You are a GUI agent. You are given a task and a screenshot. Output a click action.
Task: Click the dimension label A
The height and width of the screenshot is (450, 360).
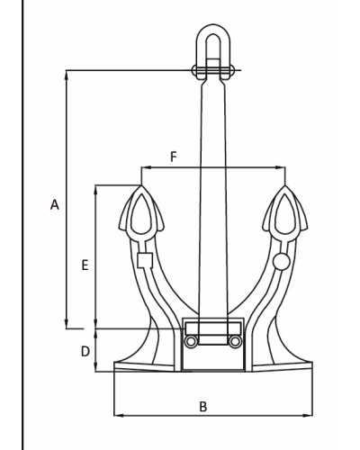[55, 204]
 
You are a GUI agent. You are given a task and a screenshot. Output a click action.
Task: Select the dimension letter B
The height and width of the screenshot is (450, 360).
[203, 407]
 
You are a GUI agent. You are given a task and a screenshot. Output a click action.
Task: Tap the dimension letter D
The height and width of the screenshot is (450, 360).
[85, 351]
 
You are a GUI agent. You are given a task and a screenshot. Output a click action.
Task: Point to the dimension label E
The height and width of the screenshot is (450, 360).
[85, 265]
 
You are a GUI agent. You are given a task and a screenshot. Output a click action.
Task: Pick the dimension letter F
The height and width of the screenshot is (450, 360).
[174, 157]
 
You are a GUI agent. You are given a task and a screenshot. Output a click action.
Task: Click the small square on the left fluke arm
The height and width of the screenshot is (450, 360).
[145, 260]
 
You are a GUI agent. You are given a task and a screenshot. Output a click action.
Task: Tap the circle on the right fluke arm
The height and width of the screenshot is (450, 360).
[282, 261]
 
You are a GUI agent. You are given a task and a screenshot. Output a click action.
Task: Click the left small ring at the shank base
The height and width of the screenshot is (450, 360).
[191, 341]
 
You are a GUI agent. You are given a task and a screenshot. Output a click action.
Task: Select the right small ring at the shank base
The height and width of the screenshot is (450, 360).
[235, 341]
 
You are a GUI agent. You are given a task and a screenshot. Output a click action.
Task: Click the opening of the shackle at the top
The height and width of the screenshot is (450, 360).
[213, 48]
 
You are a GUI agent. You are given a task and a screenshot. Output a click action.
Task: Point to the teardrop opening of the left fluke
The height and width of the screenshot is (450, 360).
[140, 213]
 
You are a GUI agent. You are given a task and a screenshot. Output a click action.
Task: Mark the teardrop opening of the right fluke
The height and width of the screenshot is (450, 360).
[285, 213]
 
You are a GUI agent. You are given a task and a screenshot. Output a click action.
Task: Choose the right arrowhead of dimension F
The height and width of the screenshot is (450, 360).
[281, 167]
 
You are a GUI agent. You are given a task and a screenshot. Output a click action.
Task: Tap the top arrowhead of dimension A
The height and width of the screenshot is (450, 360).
[67, 75]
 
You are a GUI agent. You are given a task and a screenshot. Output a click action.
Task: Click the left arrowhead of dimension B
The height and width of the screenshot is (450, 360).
[119, 416]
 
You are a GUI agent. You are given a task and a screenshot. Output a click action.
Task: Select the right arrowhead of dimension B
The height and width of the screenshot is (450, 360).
[308, 416]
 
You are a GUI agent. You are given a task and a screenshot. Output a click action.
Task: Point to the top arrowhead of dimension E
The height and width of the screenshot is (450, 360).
[96, 190]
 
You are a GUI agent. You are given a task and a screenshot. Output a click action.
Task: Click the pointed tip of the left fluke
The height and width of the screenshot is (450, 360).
[140, 185]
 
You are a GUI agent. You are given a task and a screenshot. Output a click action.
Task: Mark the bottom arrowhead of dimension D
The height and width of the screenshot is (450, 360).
[96, 367]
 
